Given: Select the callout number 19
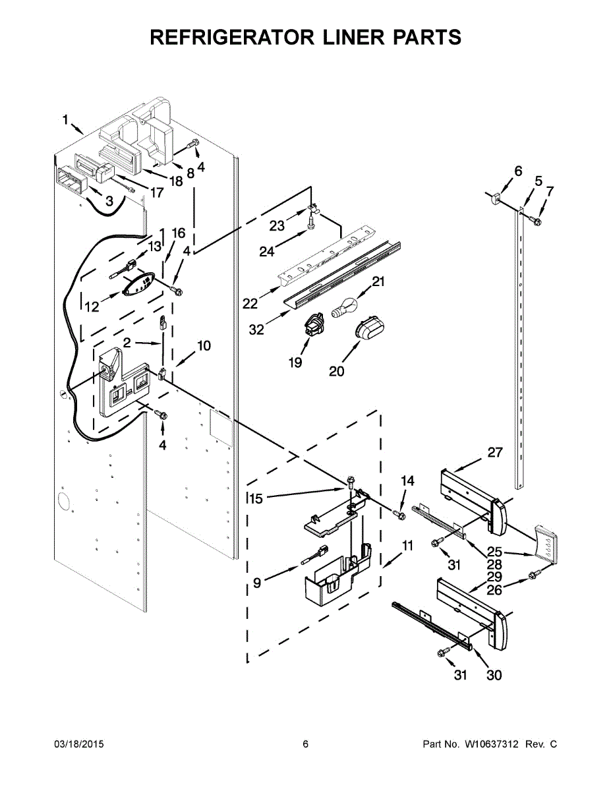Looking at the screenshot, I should tap(295, 363).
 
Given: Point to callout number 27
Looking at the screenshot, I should tap(494, 453).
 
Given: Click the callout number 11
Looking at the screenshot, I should tap(407, 546).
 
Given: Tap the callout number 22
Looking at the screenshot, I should tap(250, 304).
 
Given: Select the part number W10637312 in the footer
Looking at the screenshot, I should tap(491, 745).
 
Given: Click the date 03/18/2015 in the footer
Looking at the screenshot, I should tap(78, 745).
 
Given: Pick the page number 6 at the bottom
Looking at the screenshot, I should tap(305, 745).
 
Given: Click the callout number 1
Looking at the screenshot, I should tap(65, 119).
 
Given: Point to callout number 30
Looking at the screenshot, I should tap(494, 675).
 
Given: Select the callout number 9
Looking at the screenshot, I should tap(257, 582).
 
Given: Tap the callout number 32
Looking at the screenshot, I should tap(256, 330).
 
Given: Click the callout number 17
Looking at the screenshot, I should tap(157, 193).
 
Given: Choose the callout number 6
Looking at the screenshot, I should tap(518, 171).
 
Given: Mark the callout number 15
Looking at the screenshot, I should tap(255, 499).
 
